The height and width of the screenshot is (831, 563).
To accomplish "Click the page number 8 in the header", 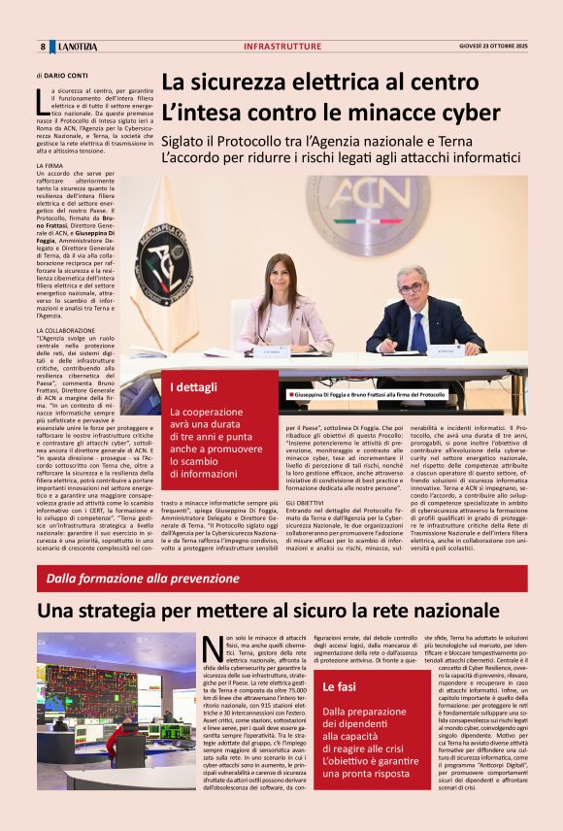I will point(43,47).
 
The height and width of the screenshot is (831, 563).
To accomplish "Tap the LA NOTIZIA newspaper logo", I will point(76,47).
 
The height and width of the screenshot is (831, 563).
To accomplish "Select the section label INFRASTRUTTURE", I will point(281,47).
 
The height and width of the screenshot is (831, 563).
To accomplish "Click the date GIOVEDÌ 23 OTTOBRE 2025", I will point(493,46).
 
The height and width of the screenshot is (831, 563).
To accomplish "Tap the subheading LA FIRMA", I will point(49,166).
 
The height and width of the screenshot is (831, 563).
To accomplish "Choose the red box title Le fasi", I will point(339,687).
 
